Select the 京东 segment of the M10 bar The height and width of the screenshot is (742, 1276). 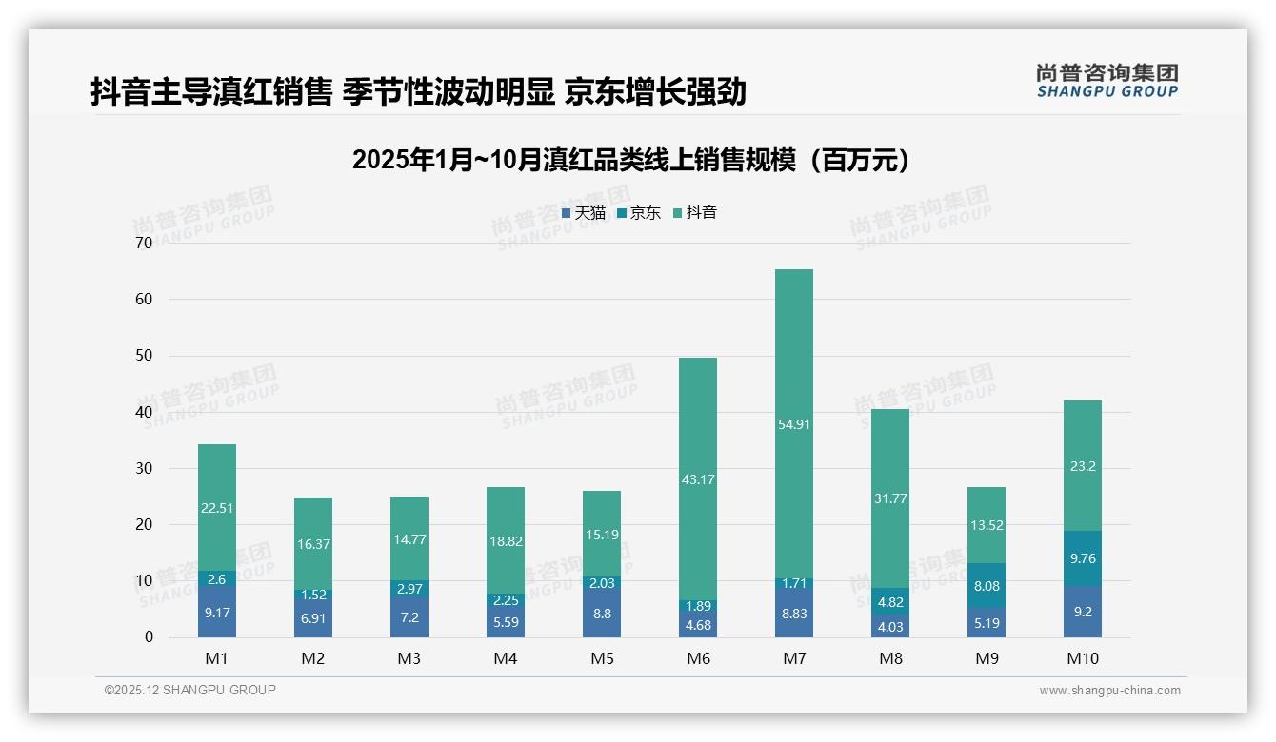click(x=1083, y=558)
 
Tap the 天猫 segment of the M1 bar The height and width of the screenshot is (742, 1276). click(x=217, y=612)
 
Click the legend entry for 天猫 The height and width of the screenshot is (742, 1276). click(x=584, y=213)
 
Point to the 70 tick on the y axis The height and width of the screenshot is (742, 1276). click(x=144, y=243)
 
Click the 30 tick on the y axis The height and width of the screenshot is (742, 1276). click(x=144, y=468)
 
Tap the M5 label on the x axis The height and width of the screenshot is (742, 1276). click(x=602, y=658)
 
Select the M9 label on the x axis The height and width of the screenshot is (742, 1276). click(x=987, y=658)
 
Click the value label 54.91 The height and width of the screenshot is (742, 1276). click(x=794, y=424)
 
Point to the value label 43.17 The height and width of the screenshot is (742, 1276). click(x=698, y=479)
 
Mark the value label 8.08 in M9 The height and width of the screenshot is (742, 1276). click(x=987, y=586)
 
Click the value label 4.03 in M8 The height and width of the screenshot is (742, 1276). click(x=890, y=626)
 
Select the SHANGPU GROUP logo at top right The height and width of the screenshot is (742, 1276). click(x=1107, y=81)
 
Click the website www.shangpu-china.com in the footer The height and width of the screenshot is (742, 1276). click(x=1109, y=691)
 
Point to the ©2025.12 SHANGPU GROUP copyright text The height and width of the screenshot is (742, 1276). click(x=190, y=690)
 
